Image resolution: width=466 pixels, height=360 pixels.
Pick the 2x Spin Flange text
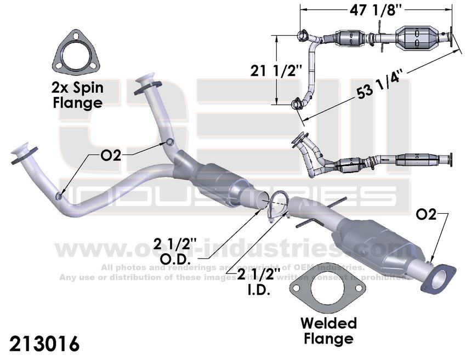[78, 94]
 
